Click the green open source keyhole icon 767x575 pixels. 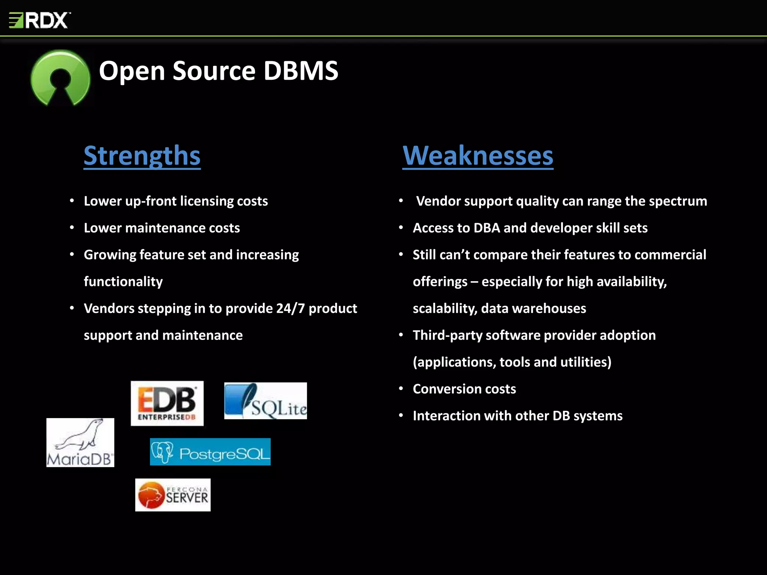coord(60,78)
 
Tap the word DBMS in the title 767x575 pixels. coord(301,71)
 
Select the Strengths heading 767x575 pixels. coord(142,155)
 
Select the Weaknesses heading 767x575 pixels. coord(478,155)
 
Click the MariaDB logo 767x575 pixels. coord(80,442)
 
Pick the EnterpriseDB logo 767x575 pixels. coord(167,403)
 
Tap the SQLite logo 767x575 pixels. coord(266,401)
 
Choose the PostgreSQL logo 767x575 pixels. coord(210,452)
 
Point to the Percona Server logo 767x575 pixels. coord(173,495)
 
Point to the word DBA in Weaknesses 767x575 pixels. coord(486,228)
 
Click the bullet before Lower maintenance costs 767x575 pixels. coord(72,228)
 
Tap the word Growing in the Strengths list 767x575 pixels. coord(110,255)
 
